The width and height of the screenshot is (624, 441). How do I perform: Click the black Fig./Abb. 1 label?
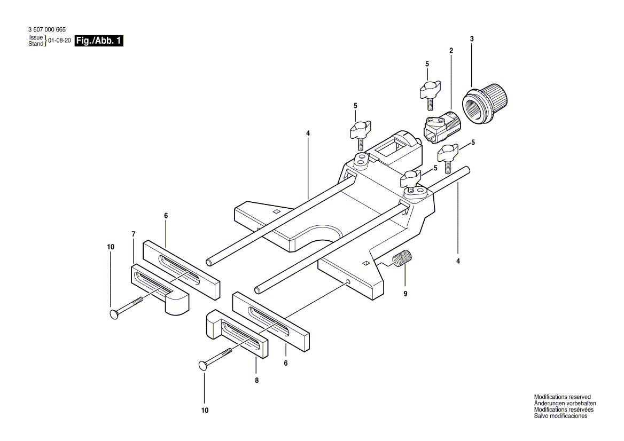pyautogui.click(x=99, y=41)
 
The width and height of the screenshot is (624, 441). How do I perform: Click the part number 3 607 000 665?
pyautogui.click(x=47, y=30)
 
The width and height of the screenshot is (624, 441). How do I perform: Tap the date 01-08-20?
pyautogui.click(x=60, y=41)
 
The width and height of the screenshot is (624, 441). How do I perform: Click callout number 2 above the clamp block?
pyautogui.click(x=451, y=51)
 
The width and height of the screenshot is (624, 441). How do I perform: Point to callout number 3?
pyautogui.click(x=472, y=39)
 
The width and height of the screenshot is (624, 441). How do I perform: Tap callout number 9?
pyautogui.click(x=405, y=294)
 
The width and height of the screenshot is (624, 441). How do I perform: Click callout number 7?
pyautogui.click(x=134, y=234)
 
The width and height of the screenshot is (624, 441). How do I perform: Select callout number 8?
pyautogui.click(x=256, y=381)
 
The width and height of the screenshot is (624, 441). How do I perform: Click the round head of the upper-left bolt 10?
pyautogui.click(x=114, y=314)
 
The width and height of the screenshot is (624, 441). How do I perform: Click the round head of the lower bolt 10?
pyautogui.click(x=202, y=365)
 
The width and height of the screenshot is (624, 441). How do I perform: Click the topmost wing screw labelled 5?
pyautogui.click(x=430, y=92)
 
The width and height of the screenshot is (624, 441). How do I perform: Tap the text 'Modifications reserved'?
pyautogui.click(x=563, y=397)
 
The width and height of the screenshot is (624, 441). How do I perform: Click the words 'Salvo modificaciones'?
pyautogui.click(x=561, y=416)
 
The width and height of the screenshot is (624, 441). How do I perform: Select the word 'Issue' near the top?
pyautogui.click(x=36, y=38)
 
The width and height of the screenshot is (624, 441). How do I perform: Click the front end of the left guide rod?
pyautogui.click(x=209, y=263)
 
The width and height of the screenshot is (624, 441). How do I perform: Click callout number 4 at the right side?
pyautogui.click(x=458, y=261)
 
